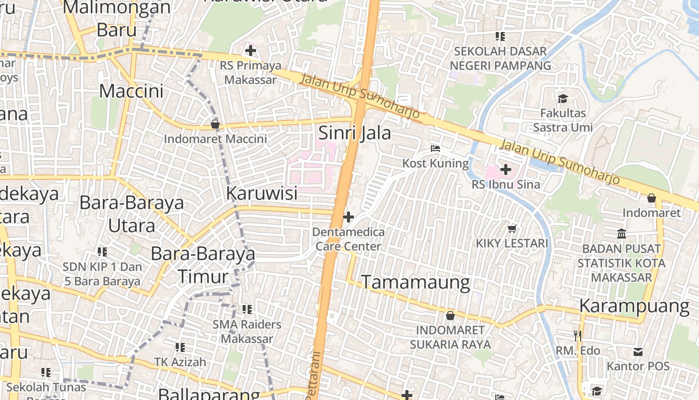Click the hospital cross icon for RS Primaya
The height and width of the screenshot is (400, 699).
[x=251, y=50]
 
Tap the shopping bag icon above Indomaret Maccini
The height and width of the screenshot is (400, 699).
[x=215, y=124]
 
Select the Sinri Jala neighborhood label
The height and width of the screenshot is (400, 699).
[x=354, y=133]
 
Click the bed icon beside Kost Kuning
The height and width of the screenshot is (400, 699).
[x=435, y=148]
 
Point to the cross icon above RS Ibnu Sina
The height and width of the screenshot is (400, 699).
[x=506, y=169]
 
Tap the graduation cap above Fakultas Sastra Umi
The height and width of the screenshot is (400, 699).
[x=563, y=98]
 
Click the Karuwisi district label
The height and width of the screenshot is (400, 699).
[x=262, y=193]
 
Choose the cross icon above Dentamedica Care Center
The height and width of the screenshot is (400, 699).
[x=349, y=217]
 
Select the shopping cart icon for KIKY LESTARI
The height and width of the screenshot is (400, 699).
[x=512, y=228]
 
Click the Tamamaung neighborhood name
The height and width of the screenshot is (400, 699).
[x=415, y=282]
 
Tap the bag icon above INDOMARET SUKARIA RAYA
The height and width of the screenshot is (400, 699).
[x=450, y=315]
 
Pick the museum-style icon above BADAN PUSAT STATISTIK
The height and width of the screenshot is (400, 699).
[x=622, y=233]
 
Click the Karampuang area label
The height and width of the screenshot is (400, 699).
[x=634, y=306]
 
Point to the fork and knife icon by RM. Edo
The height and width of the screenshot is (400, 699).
[x=578, y=335]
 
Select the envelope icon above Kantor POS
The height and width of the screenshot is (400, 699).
[x=638, y=351]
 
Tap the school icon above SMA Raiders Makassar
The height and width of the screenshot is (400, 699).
[x=247, y=309]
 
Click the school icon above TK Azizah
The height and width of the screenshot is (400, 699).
[x=180, y=347]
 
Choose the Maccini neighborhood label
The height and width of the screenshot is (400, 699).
[x=131, y=91]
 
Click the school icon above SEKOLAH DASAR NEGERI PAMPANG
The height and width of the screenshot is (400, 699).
[x=500, y=36]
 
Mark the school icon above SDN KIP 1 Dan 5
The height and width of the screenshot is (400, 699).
[x=102, y=251]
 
